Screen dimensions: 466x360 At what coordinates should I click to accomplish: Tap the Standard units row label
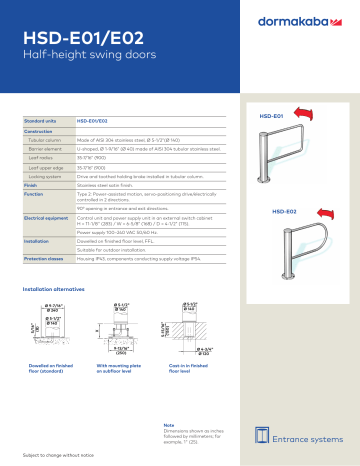(40, 119)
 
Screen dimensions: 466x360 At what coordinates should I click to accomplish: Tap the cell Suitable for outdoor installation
(123, 250)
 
